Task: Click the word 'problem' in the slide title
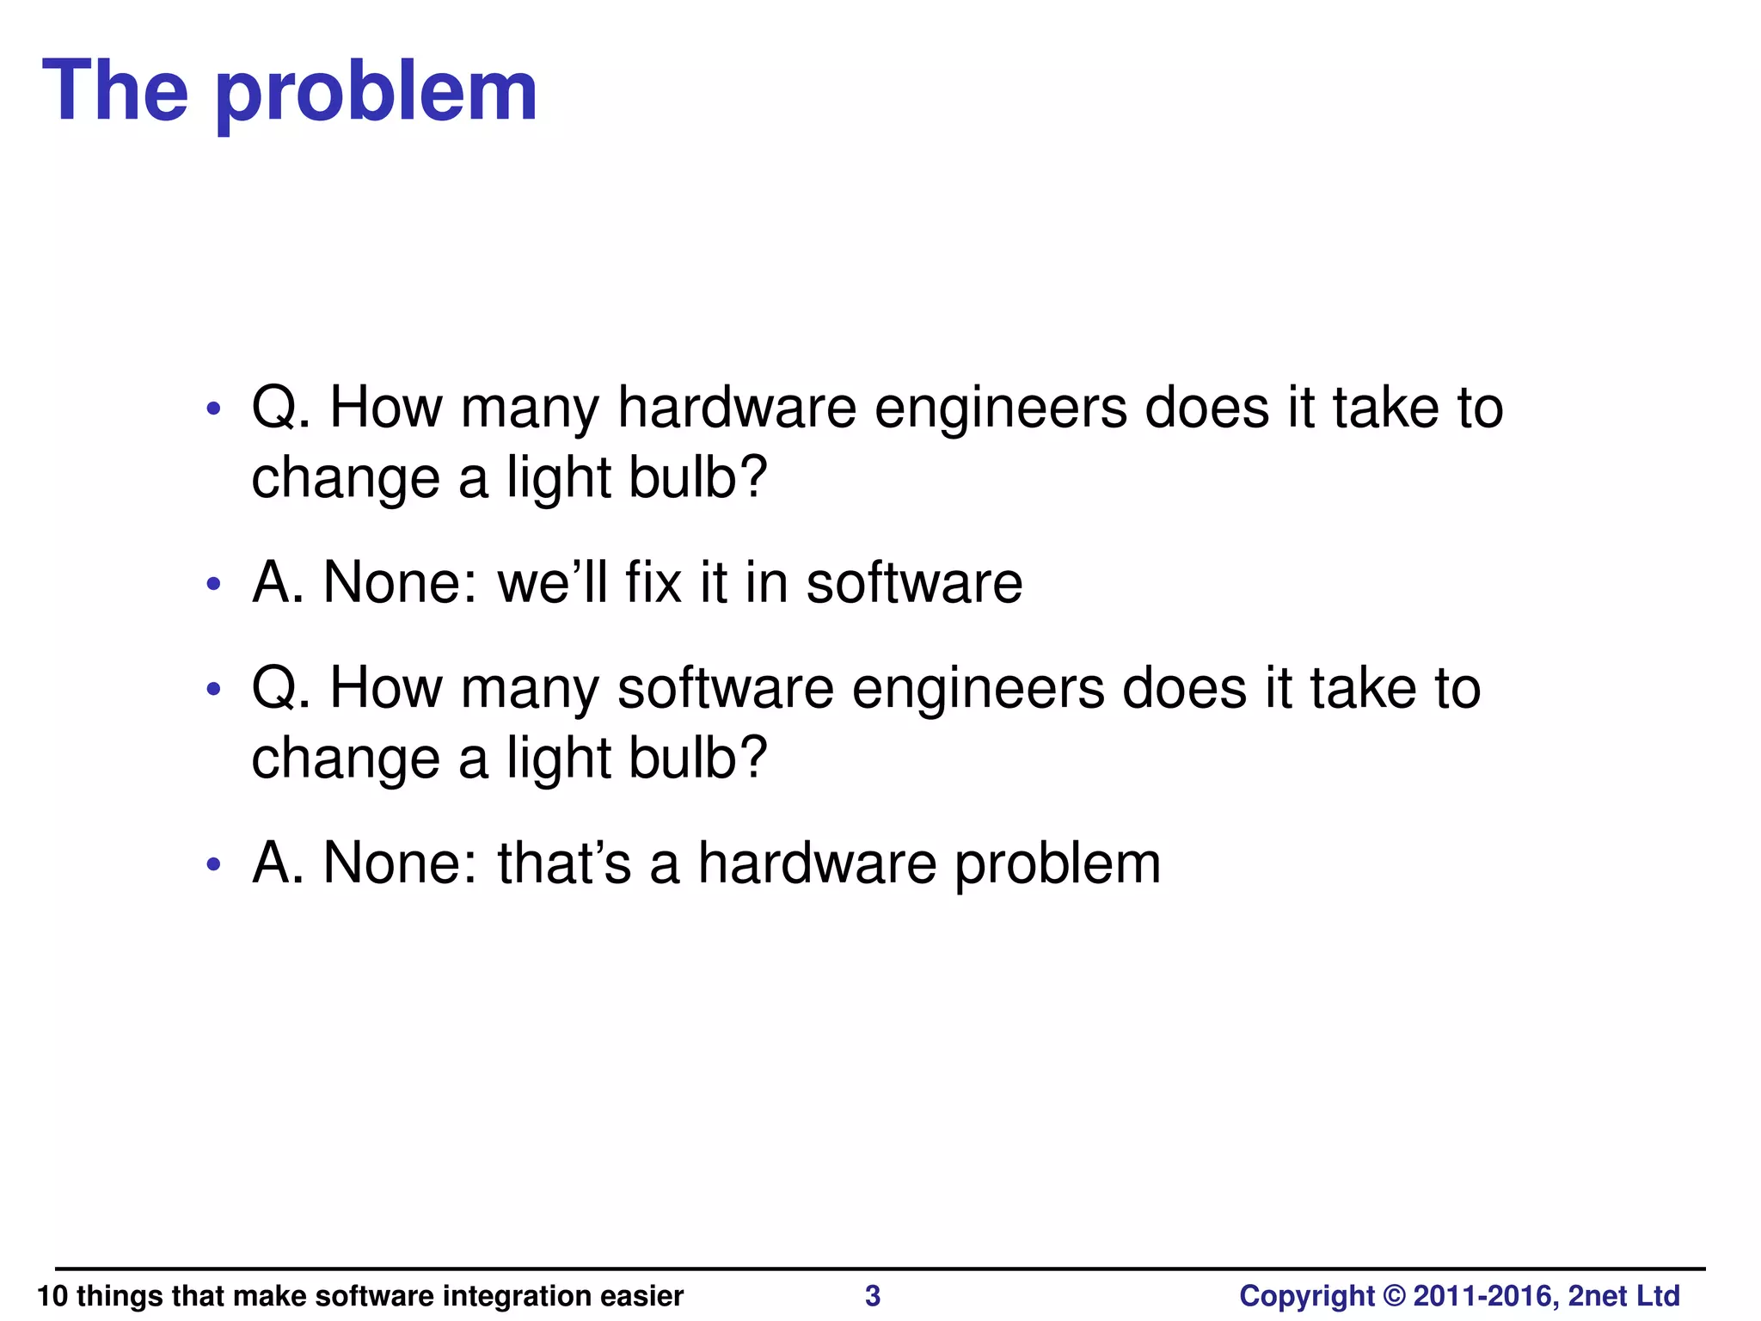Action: point(376,93)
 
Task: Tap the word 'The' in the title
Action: point(114,91)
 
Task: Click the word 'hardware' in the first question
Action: point(737,408)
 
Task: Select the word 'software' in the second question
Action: point(726,689)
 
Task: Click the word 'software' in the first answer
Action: point(914,583)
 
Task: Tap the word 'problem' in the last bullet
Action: point(1058,863)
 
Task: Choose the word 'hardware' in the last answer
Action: point(817,863)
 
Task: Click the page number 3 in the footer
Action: point(872,1295)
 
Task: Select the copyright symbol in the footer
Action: point(1394,1295)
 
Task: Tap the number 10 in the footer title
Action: point(52,1295)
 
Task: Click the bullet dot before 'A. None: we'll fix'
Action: point(214,586)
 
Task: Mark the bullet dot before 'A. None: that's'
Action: point(214,865)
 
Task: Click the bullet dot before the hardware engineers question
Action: point(214,409)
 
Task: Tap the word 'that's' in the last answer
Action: point(564,863)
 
